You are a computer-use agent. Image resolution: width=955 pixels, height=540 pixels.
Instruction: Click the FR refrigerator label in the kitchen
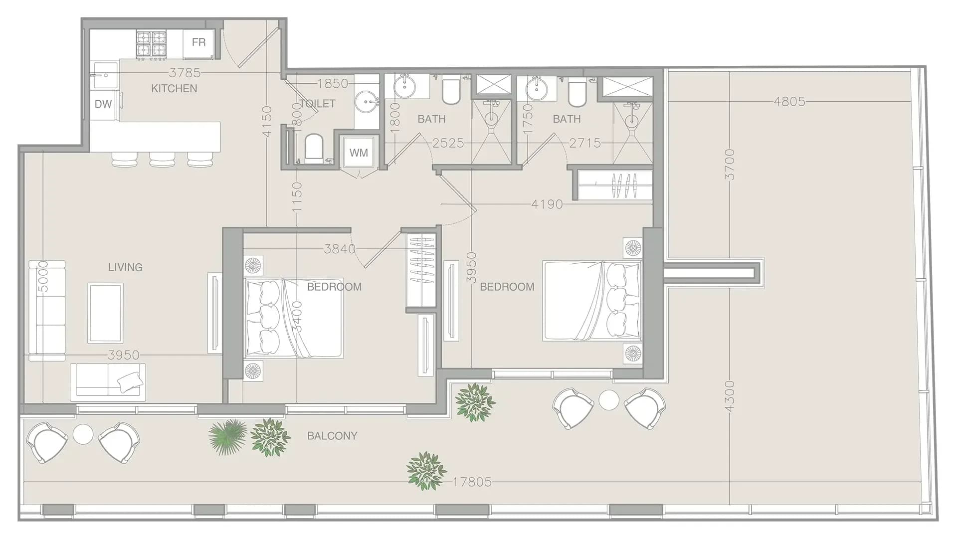coord(198,42)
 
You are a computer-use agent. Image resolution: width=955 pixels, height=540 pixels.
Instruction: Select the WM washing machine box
coord(359,152)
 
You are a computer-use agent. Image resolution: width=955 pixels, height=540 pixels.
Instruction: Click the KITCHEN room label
coord(174,89)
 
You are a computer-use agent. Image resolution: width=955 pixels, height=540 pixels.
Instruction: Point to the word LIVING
coord(125,267)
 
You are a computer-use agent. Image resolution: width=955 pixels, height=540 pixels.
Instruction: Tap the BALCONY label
coord(332,436)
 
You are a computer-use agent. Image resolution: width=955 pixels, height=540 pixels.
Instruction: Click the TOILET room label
coord(318,104)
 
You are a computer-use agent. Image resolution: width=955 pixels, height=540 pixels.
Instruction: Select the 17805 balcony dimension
coord(472,482)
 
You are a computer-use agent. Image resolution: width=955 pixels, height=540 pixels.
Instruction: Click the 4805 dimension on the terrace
coord(789,102)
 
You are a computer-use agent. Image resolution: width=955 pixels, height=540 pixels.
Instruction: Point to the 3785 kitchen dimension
coord(185,73)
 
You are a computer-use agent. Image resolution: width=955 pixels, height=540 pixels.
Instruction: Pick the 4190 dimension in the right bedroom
coord(547,204)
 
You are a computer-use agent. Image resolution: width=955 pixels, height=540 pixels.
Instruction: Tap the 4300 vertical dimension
coord(729,396)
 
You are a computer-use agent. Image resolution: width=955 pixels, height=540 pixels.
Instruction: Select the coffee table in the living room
coord(105,313)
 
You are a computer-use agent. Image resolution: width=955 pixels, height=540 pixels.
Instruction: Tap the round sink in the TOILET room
coord(368,103)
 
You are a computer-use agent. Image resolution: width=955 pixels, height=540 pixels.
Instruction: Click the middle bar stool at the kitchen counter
coord(162,159)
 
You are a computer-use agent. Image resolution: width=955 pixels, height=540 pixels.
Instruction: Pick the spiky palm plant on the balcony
coord(227,435)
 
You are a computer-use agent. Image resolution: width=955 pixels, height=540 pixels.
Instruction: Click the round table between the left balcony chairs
coord(83,434)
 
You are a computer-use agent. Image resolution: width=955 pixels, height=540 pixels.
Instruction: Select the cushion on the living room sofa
coord(130,381)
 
